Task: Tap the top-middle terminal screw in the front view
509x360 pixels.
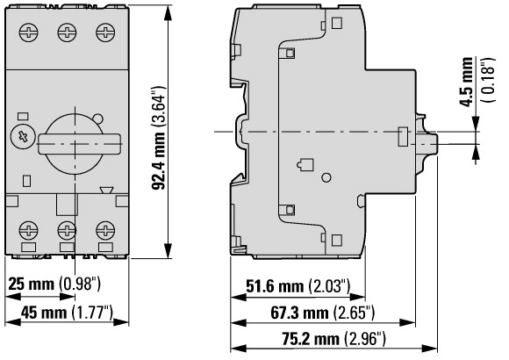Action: (67, 32)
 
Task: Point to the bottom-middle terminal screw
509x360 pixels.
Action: (67, 231)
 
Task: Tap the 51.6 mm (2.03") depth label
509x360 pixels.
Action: (298, 286)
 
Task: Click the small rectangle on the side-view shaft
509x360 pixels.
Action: (402, 136)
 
